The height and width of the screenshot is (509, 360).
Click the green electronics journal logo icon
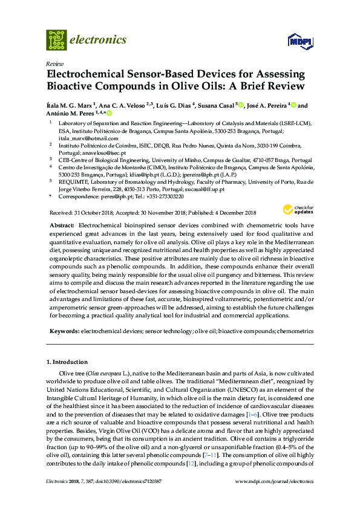56,40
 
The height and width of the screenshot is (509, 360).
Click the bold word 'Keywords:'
63,331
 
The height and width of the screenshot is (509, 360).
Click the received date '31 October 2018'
94,212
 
